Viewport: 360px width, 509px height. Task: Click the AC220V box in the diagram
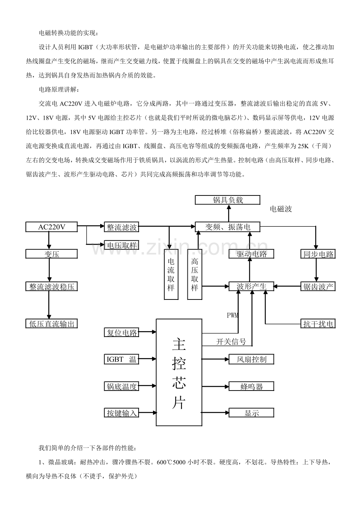pos(52,227)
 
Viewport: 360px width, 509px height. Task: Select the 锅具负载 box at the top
pos(228,200)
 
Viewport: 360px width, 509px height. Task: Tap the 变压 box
pos(52,254)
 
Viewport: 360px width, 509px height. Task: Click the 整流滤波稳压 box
pos(52,287)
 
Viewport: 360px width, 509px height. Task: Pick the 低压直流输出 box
pos(52,324)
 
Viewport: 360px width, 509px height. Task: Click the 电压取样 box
pos(122,246)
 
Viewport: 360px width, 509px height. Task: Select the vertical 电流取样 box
pos(171,274)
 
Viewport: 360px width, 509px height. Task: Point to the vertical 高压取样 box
pos(194,274)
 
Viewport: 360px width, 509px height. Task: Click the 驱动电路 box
pos(251,254)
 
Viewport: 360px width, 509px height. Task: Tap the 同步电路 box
pos(318,254)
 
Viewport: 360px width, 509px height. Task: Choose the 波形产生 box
pos(251,287)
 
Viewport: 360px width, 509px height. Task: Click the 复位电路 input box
pos(122,333)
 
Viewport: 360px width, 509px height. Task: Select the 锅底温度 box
pos(122,387)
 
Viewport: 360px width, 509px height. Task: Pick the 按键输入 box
pos(122,413)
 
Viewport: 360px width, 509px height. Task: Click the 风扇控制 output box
pos(251,359)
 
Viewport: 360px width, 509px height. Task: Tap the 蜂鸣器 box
pos(251,387)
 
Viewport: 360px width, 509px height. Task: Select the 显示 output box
pos(251,413)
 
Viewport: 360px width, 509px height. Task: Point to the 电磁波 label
pos(281,209)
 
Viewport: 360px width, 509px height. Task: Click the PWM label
pos(232,315)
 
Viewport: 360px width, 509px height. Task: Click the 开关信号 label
pos(231,342)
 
